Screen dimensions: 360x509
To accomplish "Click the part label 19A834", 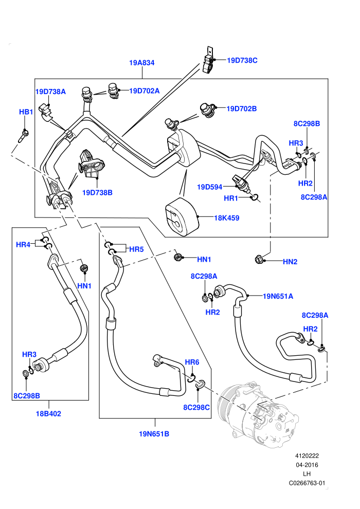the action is tap(141, 63).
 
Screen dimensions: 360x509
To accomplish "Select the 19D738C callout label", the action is tap(242, 60).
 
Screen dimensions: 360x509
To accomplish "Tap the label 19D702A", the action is tap(145, 91).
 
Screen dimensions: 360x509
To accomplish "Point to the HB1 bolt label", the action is tap(26, 112).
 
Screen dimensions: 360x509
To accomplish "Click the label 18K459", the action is tap(227, 218).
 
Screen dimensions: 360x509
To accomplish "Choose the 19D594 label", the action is tap(210, 187).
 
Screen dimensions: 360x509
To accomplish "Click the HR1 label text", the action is tap(231, 198).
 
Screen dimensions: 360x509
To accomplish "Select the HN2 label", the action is tap(290, 262).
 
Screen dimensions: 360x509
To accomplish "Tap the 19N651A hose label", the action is tap(278, 296).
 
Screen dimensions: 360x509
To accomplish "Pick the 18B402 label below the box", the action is tap(48, 413).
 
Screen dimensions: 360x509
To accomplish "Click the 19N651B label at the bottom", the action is tap(154, 434).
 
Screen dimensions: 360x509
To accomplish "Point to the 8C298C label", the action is tap(196, 407).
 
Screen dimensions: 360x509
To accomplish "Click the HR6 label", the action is tap(192, 362).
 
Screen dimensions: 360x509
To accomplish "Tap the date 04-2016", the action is tap(307, 465).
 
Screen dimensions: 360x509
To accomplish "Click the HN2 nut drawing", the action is tap(259, 259).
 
